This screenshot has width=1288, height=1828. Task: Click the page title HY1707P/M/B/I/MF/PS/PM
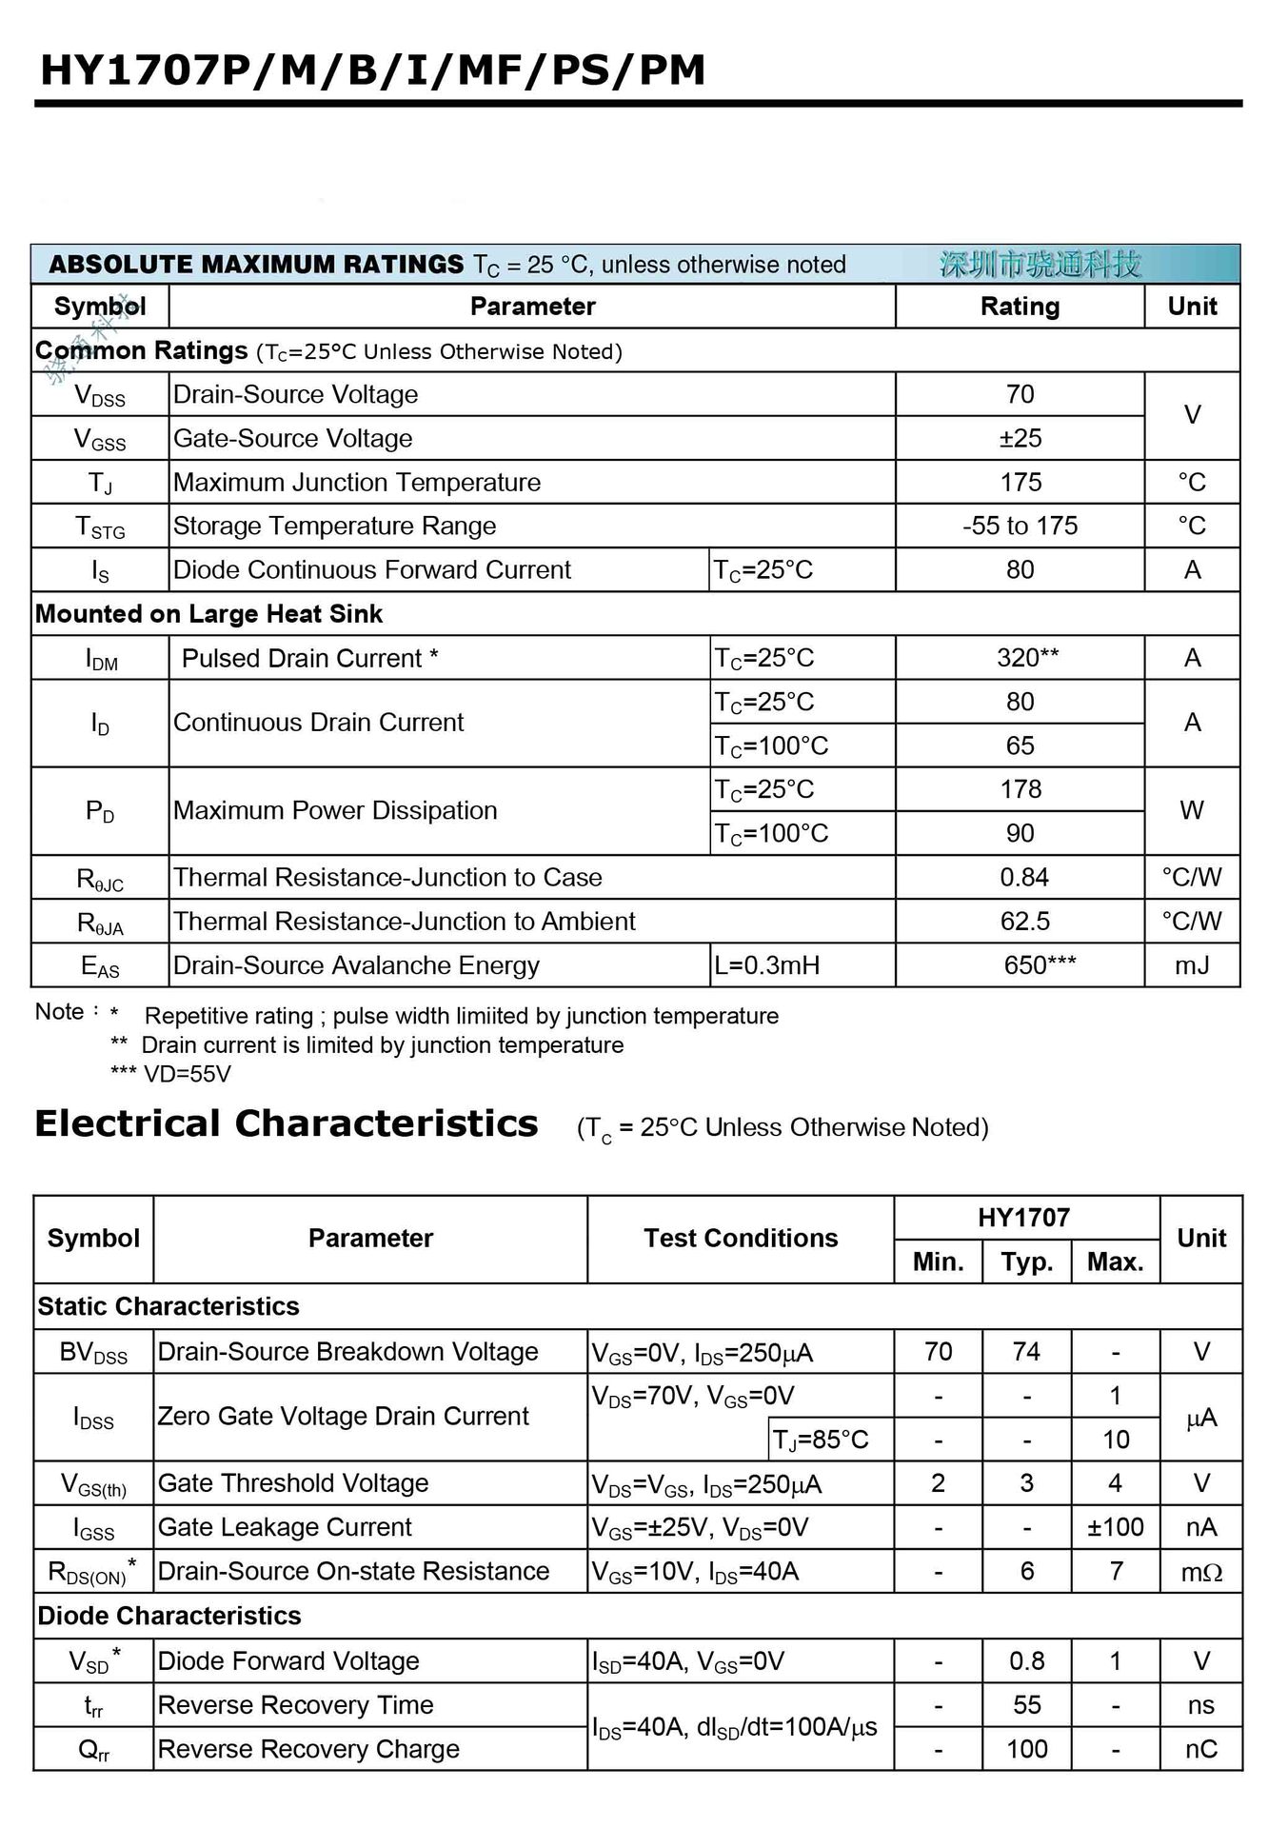(372, 70)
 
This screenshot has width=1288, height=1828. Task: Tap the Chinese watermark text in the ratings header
(1040, 265)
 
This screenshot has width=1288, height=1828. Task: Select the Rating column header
(1020, 307)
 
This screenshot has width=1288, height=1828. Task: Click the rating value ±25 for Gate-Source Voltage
(1020, 439)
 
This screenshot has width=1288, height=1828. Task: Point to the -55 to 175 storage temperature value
(1020, 527)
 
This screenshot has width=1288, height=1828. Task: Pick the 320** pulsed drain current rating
(1027, 658)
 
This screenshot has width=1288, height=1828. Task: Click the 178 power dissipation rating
(1020, 789)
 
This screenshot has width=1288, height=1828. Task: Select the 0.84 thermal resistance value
(1023, 877)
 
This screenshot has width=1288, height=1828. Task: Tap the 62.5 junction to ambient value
(1024, 922)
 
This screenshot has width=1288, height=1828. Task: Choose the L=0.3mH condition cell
(766, 965)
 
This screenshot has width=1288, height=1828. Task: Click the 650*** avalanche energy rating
(1040, 965)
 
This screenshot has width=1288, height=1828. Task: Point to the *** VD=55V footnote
(171, 1074)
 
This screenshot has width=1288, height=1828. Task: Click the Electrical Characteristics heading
(287, 1124)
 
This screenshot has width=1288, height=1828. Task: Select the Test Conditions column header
(741, 1239)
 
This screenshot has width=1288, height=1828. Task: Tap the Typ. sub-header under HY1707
(1026, 1262)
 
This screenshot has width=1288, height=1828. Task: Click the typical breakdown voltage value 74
(1026, 1352)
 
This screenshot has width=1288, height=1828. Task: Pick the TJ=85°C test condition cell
(821, 1440)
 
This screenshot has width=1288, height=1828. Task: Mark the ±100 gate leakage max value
(1115, 1527)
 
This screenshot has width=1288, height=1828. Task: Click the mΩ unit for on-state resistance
(1201, 1572)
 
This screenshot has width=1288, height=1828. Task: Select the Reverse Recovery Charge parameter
(308, 1749)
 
